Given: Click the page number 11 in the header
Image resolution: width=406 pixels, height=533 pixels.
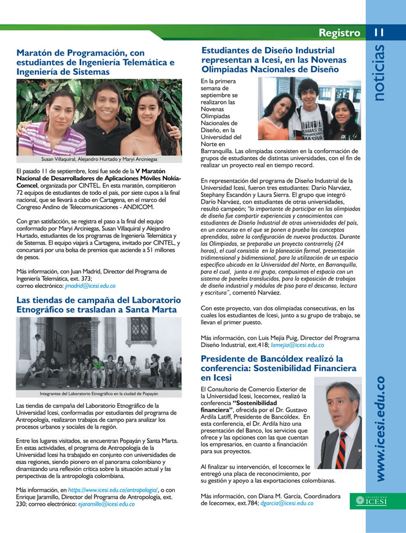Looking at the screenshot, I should [x=379, y=33].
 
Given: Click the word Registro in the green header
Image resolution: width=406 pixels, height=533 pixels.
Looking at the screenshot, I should [x=339, y=33].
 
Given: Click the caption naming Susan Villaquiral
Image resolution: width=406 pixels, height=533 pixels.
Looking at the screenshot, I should [x=99, y=158].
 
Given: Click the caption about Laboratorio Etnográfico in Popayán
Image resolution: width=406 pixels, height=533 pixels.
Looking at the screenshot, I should [x=100, y=393].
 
